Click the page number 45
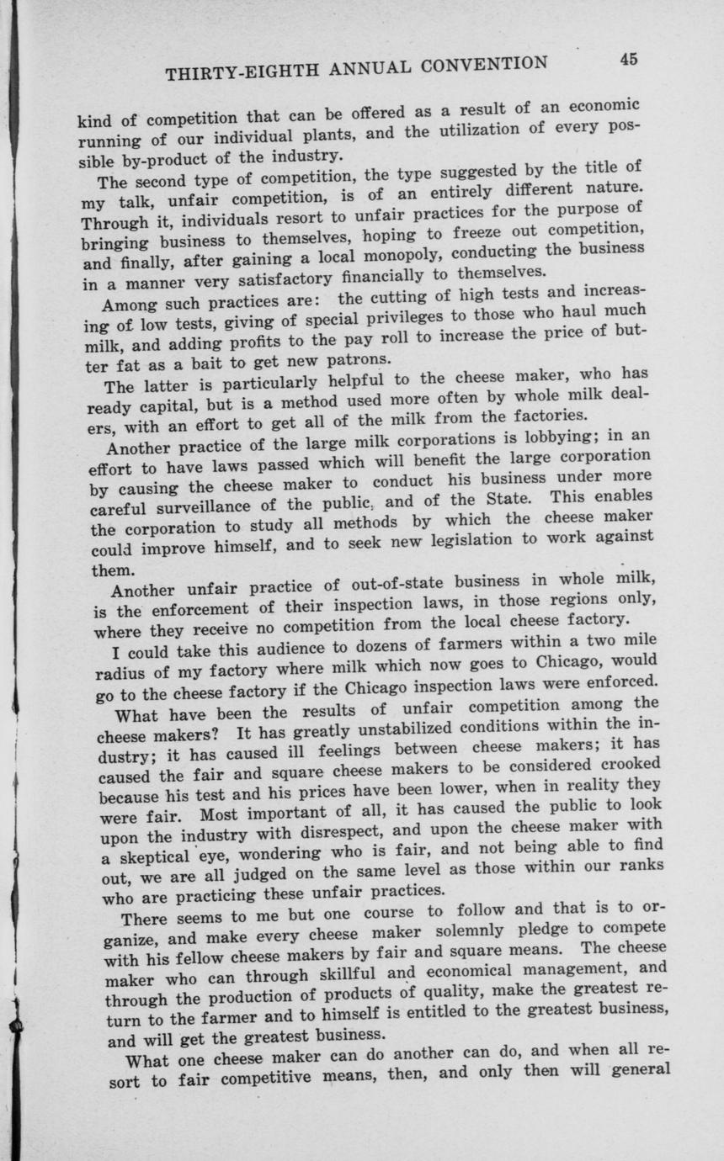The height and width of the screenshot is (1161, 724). pyautogui.click(x=628, y=59)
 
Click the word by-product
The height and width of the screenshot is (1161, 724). pyautogui.click(x=154, y=159)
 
